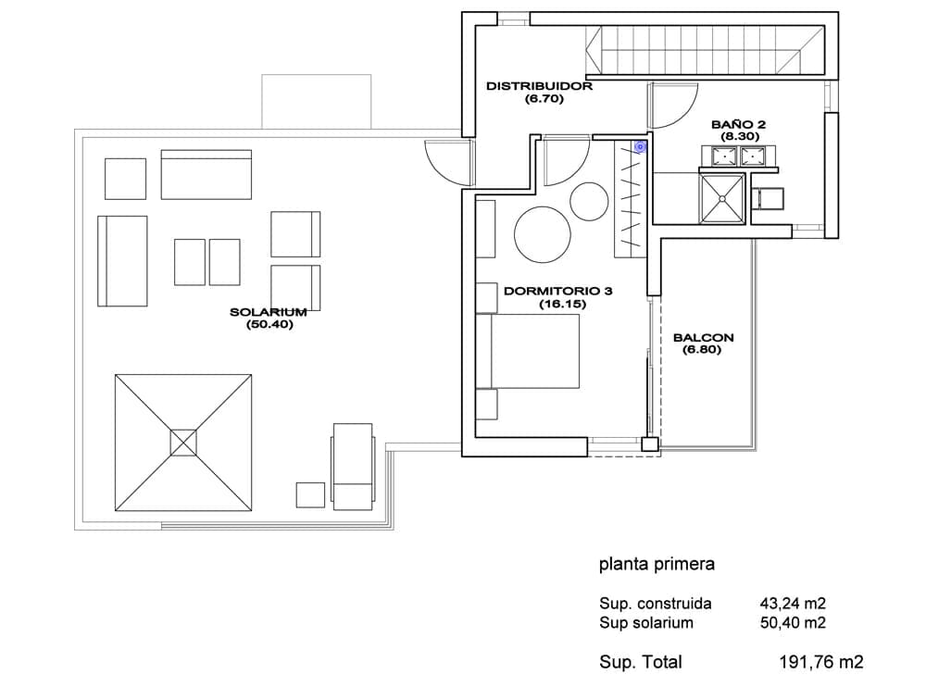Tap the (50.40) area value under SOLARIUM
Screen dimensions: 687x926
click(x=269, y=325)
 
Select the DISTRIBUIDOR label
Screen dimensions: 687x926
click(x=539, y=85)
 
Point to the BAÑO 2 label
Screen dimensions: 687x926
click(x=738, y=123)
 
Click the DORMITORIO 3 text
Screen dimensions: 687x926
click(x=558, y=290)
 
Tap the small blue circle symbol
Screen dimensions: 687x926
click(x=640, y=145)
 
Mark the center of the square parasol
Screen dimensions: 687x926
click(x=183, y=442)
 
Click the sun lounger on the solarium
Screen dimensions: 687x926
click(x=352, y=466)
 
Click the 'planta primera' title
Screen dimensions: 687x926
click(x=657, y=564)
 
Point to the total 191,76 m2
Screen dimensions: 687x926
click(x=821, y=662)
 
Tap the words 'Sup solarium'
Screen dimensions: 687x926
click(x=646, y=623)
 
